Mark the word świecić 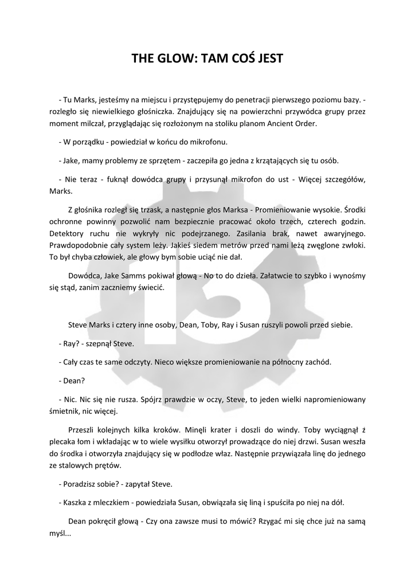click(x=150, y=288)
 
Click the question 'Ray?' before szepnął click(x=71, y=343)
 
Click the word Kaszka click(x=75, y=502)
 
